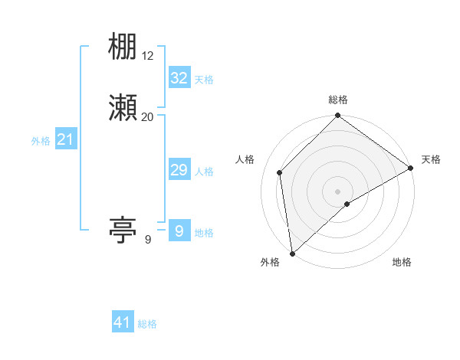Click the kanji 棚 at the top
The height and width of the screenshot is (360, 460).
point(123,48)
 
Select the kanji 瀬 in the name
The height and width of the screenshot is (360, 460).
point(123,108)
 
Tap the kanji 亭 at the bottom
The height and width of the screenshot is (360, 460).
point(123,229)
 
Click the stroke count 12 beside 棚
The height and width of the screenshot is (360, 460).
point(148,56)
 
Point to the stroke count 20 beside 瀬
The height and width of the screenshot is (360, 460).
point(148,116)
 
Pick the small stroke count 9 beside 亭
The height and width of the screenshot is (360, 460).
point(148,240)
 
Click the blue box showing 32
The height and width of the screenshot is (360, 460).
point(179,78)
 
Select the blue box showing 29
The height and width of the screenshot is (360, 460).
point(179,170)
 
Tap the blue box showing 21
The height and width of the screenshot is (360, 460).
point(66,139)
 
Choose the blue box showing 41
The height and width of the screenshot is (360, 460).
point(123,322)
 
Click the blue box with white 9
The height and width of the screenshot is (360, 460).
point(179,231)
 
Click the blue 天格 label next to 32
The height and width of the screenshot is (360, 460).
point(204,80)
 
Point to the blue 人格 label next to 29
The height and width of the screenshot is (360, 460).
point(204,172)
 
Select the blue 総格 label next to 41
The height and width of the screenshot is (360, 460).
point(147,324)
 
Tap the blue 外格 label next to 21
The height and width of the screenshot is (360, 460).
point(41,141)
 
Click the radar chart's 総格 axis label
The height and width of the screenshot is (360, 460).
point(338,100)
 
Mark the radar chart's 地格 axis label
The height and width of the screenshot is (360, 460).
point(402,263)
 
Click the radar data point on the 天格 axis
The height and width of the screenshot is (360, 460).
point(411,169)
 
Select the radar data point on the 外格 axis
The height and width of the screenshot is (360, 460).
point(291,254)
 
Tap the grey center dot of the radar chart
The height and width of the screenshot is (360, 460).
point(338,191)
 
